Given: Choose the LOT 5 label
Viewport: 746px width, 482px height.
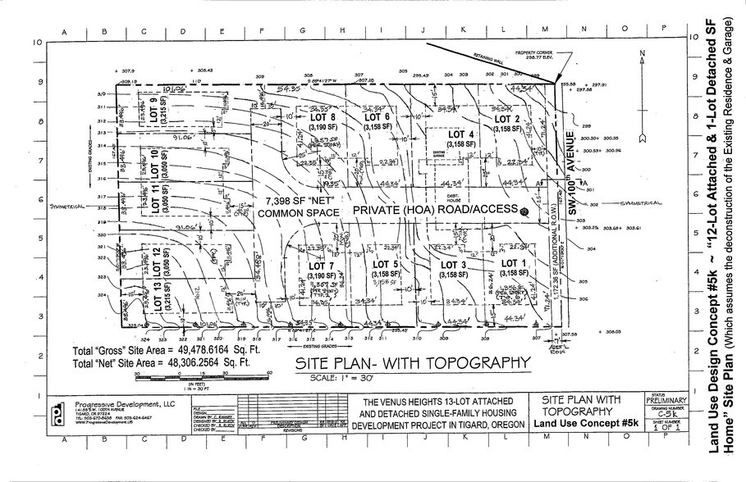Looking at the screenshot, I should [386, 265].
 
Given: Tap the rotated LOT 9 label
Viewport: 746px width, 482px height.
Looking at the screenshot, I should [155, 107].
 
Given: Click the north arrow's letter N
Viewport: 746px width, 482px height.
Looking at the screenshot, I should [638, 54].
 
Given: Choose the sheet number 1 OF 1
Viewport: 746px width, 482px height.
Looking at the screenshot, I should [661, 427].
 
